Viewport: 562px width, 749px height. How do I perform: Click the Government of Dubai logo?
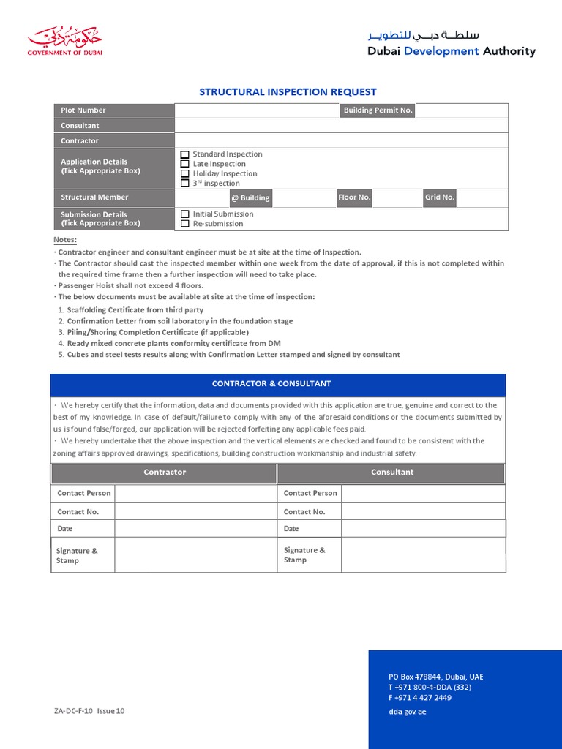[64, 42]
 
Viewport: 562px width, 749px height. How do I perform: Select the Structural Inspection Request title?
[288, 92]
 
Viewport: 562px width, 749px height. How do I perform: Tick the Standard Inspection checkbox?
[185, 154]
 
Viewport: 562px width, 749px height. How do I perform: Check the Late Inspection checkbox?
[185, 164]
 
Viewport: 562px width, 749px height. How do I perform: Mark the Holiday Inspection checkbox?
[185, 174]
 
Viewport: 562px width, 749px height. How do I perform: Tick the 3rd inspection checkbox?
[185, 184]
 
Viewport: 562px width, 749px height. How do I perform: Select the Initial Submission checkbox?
[185, 214]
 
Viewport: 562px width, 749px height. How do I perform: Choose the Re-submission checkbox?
[185, 224]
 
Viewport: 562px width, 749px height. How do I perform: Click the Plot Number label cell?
[113, 110]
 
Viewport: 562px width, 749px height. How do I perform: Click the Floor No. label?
[354, 197]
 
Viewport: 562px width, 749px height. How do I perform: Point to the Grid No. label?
[440, 197]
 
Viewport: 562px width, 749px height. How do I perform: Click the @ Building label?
[250, 198]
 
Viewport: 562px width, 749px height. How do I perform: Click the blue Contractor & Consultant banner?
[277, 384]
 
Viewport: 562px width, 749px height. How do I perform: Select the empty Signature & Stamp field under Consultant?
[422, 555]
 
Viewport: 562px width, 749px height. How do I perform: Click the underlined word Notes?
[65, 240]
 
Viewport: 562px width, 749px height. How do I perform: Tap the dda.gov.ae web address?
[407, 712]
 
